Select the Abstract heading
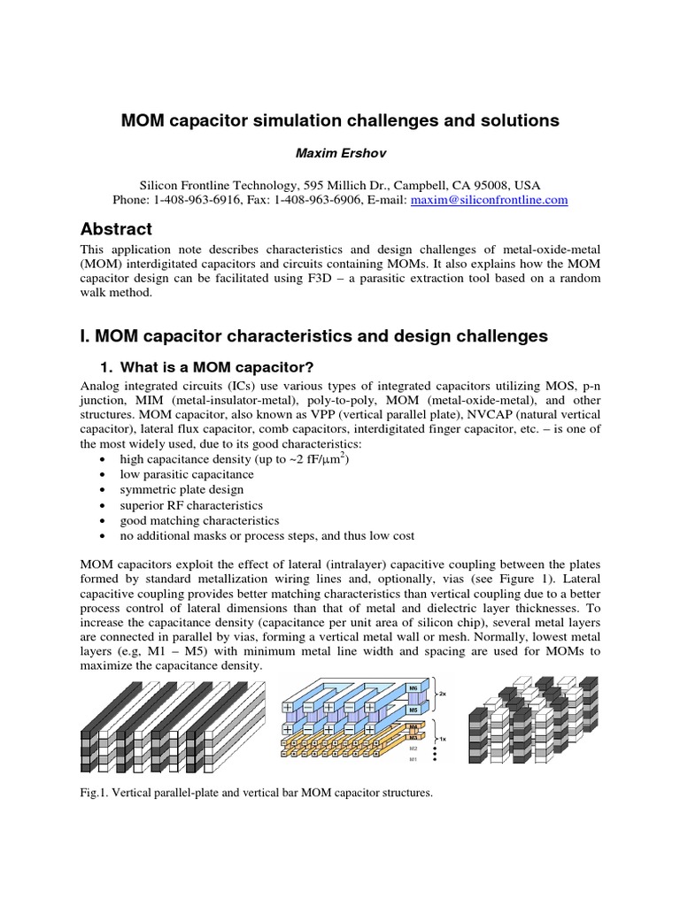click(115, 229)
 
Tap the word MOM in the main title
click(142, 120)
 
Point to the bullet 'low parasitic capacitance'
click(181, 474)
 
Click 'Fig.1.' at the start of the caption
click(93, 794)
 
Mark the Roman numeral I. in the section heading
click(85, 336)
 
